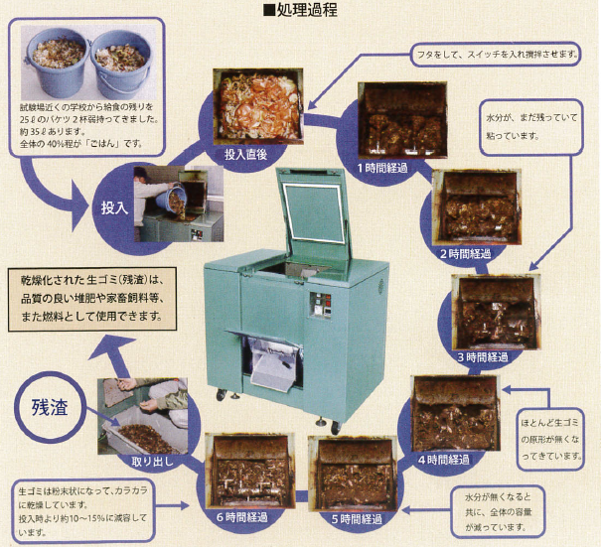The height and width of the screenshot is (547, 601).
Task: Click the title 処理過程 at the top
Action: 301,11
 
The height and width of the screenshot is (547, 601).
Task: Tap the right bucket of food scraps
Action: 119,60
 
